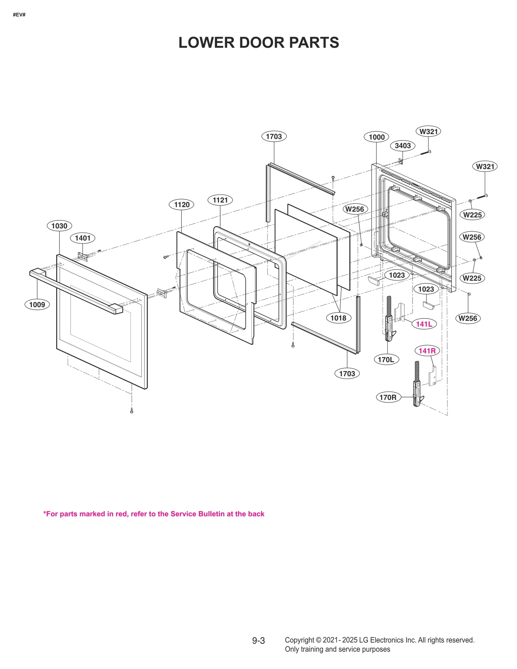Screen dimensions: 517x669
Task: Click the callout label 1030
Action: (59, 226)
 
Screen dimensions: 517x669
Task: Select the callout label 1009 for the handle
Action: (37, 305)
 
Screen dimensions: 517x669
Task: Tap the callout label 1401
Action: (83, 238)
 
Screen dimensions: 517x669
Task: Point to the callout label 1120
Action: (182, 204)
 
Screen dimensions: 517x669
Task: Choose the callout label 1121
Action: (220, 200)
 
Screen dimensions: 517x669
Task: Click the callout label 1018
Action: (338, 318)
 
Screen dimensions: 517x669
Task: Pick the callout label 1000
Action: (376, 137)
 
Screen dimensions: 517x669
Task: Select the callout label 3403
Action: (403, 146)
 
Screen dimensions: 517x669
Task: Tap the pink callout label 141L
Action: (424, 324)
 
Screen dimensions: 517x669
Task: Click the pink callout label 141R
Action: (427, 351)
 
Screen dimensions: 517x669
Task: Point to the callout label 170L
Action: (386, 360)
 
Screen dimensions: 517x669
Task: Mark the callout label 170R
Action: (388, 397)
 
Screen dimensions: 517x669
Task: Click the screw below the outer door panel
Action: (132, 411)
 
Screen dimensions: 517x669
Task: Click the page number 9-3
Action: (258, 640)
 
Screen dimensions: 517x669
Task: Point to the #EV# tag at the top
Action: (19, 15)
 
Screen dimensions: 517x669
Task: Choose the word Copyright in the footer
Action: (299, 640)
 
